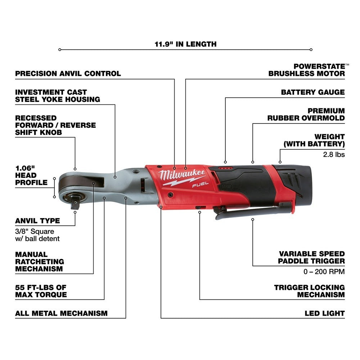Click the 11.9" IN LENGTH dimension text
tap(185, 44)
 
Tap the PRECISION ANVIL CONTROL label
tap(68, 73)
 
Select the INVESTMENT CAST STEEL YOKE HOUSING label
tap(58, 96)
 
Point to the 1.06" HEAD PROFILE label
tap(31, 175)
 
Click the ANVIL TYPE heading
tap(37, 221)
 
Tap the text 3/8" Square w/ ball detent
tap(37, 235)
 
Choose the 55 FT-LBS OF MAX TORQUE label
tap(41, 291)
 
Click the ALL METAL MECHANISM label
tap(61, 313)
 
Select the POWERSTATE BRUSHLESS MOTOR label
tap(307, 70)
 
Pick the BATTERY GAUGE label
tap(313, 92)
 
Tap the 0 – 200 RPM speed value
tap(324, 271)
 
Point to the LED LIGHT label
tap(325, 313)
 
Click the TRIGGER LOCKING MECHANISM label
tap(309, 291)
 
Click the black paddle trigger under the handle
tap(248, 213)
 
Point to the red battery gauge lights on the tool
tap(225, 168)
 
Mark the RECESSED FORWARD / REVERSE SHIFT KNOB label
tap(55, 125)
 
